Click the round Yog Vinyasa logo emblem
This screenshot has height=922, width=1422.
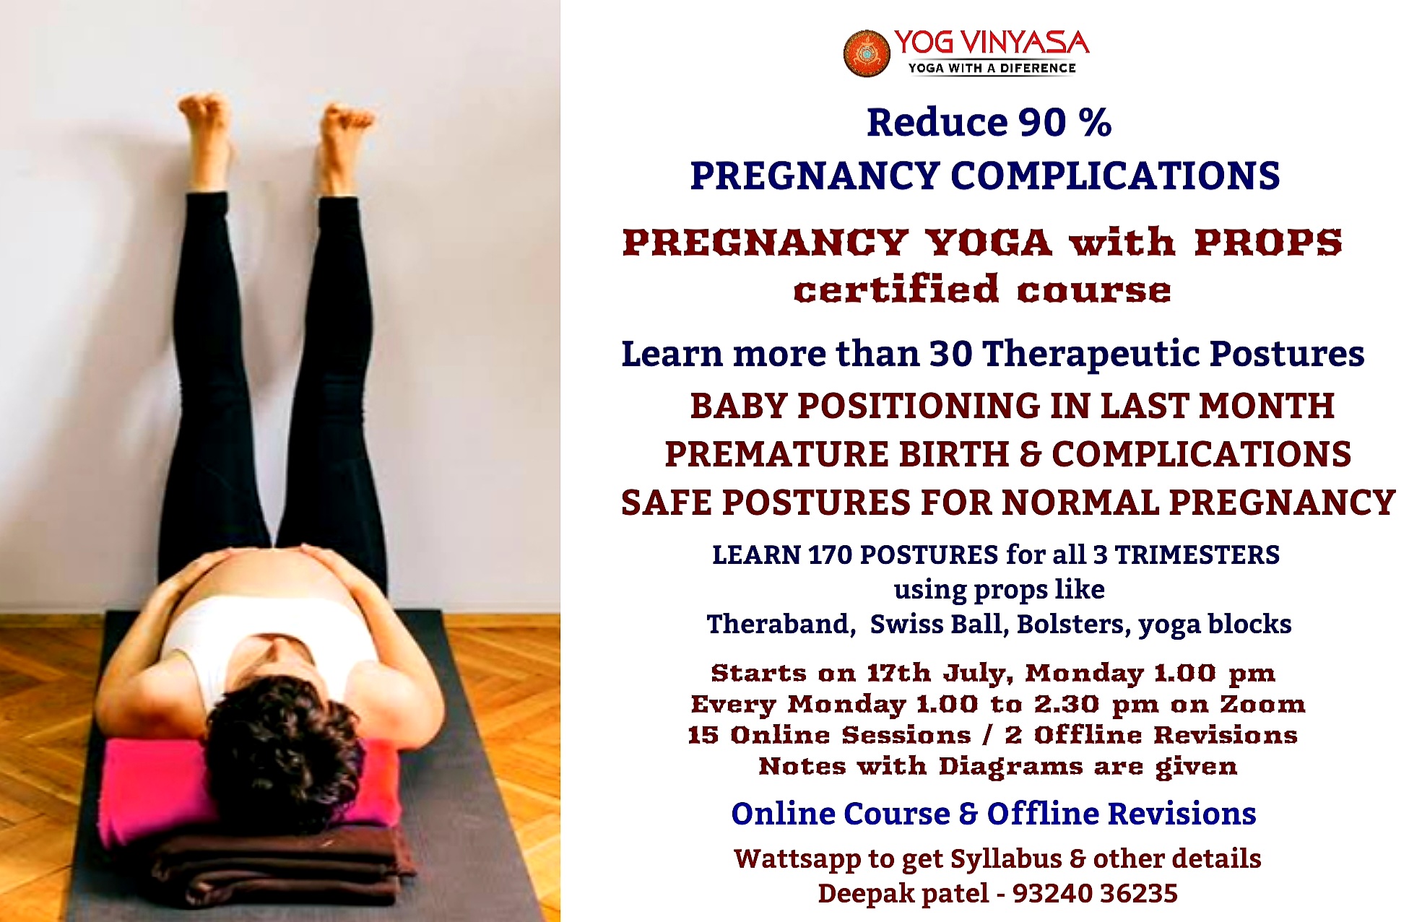tap(866, 53)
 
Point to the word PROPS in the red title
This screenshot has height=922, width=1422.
tap(1267, 242)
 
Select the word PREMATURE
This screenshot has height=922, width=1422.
tap(777, 454)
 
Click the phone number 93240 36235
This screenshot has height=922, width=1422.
tap(1095, 894)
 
